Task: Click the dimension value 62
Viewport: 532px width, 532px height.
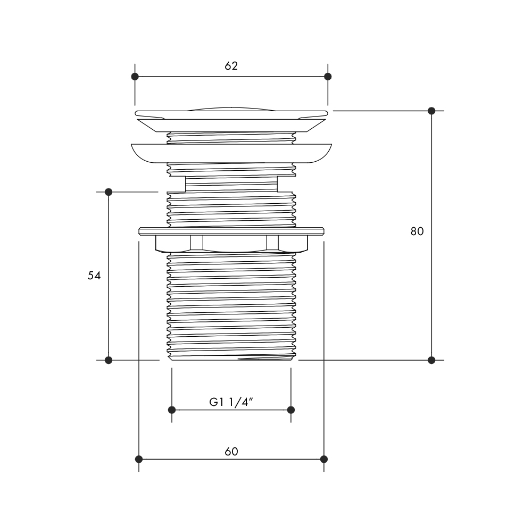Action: coord(231,66)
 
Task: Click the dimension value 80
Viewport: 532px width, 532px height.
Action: coord(417,231)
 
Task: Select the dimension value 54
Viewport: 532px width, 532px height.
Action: coord(94,276)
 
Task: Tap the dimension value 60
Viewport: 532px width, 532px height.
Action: coord(231,452)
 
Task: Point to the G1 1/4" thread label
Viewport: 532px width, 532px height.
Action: coord(231,402)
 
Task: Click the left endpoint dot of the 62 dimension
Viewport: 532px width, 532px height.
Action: coord(135,76)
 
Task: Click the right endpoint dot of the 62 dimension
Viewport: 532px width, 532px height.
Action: coord(328,76)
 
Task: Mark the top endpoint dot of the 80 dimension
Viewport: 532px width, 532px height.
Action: coord(431,111)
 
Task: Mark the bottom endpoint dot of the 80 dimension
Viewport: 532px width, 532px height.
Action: coord(431,360)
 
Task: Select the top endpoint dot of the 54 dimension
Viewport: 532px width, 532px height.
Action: coord(109,192)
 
